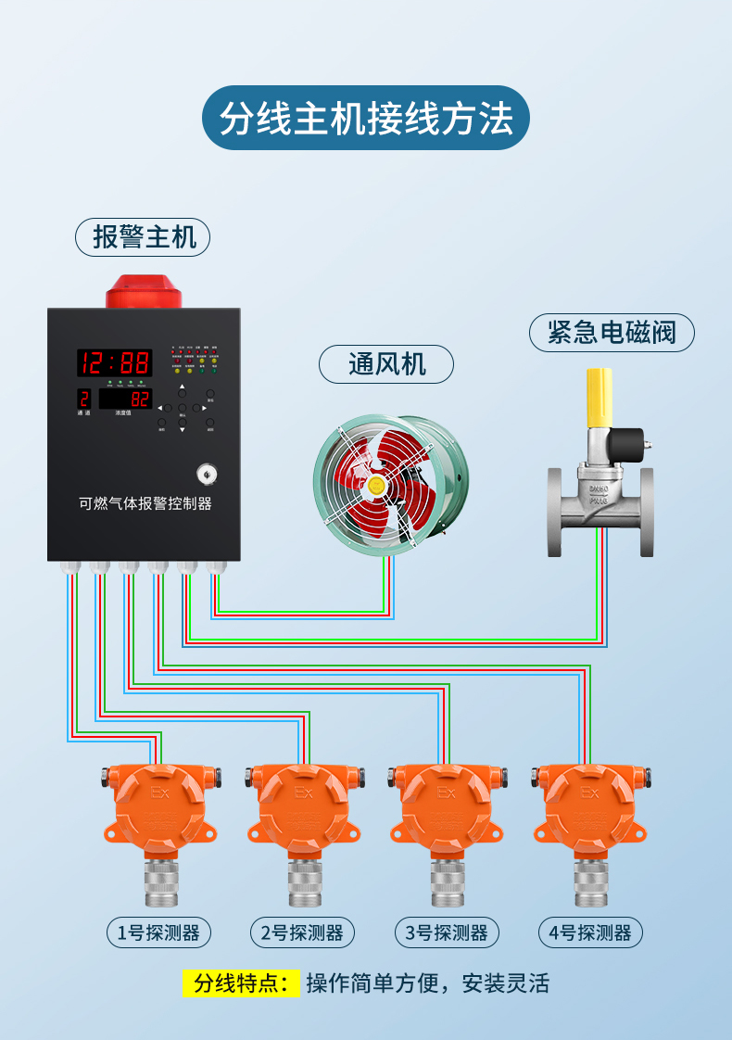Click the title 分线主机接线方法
tap(366, 119)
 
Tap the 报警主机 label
tap(143, 237)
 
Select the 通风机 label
tap(386, 364)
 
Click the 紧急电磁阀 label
tap(612, 333)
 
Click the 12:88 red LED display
tap(114, 362)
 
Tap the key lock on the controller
tap(205, 473)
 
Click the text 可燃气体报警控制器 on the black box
tap(145, 504)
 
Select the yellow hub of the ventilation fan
tap(376, 484)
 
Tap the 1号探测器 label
tap(158, 932)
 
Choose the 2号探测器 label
tap(301, 932)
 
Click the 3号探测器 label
tap(446, 932)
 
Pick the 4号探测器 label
tap(590, 932)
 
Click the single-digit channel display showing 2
tap(84, 400)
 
